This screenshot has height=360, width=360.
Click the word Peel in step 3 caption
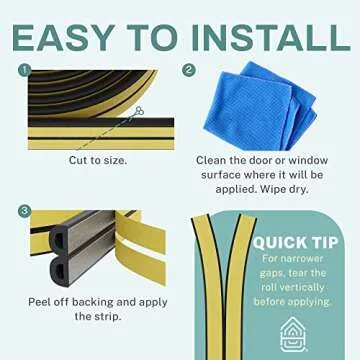(36, 300)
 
